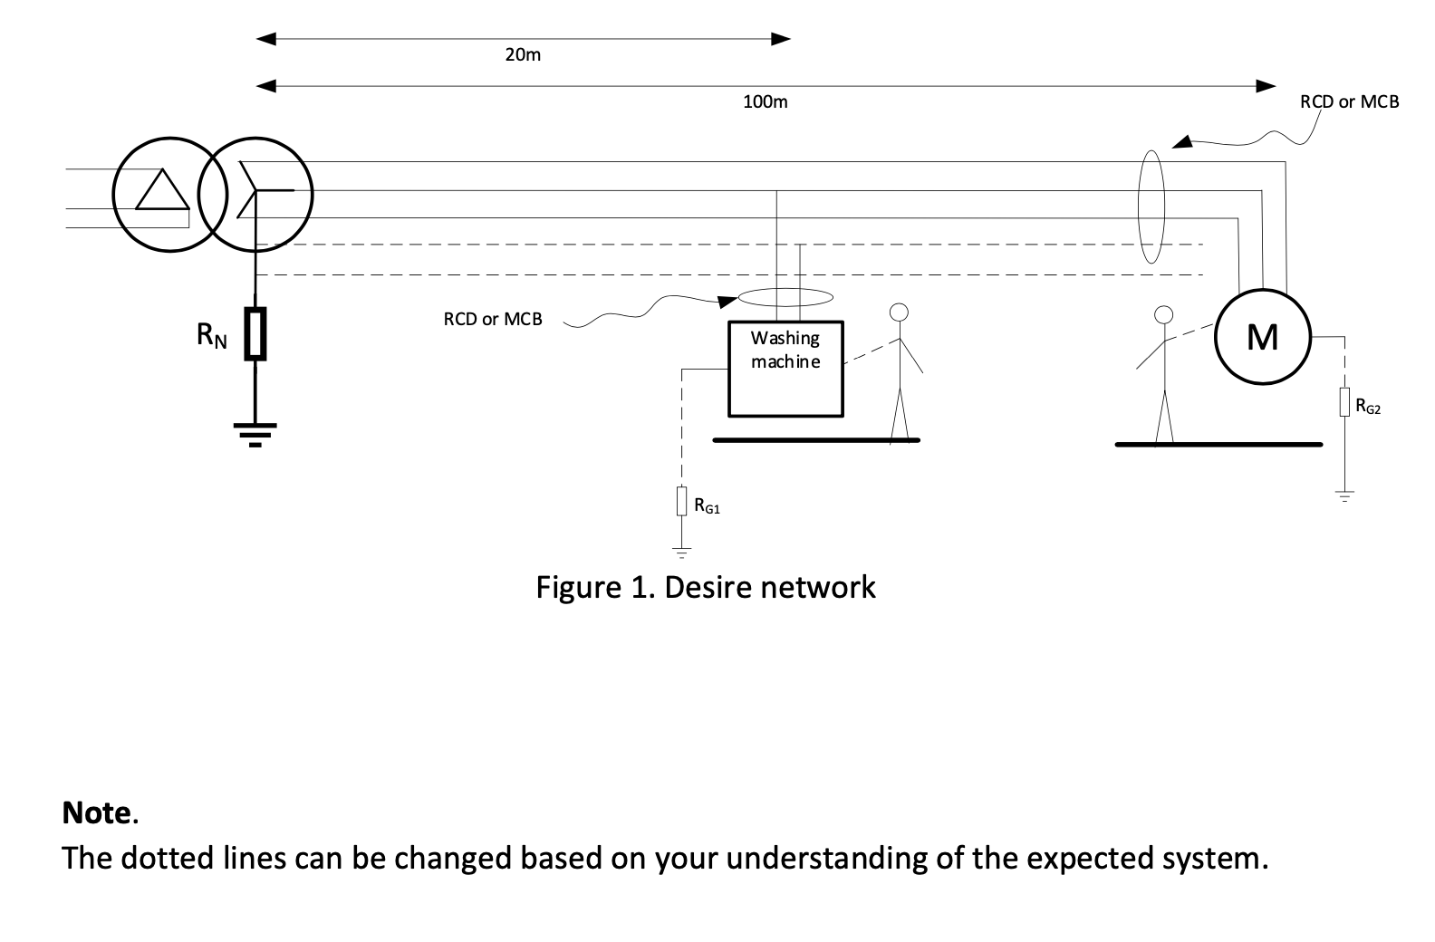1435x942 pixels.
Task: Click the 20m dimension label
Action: (x=523, y=55)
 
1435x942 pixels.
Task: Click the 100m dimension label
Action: (x=765, y=102)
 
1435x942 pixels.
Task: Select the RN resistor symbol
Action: (x=256, y=334)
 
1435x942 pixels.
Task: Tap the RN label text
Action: (x=211, y=336)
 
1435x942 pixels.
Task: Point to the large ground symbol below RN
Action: (x=256, y=433)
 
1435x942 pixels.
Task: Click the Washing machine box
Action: (x=785, y=370)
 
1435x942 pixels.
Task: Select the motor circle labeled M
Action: (x=1262, y=337)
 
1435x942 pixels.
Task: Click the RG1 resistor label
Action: (x=708, y=506)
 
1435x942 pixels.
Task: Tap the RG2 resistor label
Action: (x=1368, y=409)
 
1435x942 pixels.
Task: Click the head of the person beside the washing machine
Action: (x=898, y=312)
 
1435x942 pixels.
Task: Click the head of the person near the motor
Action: (x=1164, y=315)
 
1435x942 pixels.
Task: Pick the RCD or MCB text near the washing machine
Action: (x=492, y=320)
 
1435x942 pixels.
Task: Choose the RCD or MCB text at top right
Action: (x=1349, y=102)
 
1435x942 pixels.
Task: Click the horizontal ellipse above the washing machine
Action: (x=785, y=297)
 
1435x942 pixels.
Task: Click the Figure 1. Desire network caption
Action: (x=706, y=588)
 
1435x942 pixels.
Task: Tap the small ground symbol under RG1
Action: (x=681, y=551)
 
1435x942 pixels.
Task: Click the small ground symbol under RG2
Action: (x=1345, y=496)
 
